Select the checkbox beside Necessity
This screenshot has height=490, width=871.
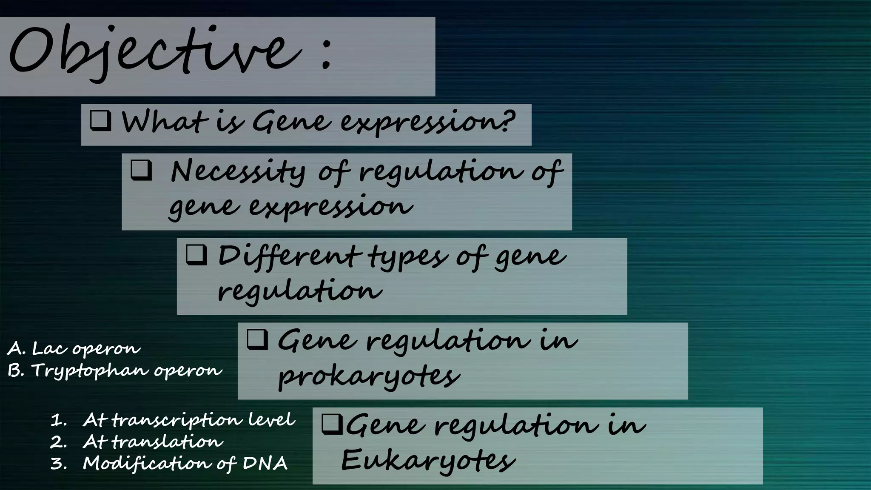pos(141,170)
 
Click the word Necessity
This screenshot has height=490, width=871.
pos(238,171)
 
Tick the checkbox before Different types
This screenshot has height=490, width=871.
pos(196,255)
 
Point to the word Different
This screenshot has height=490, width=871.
pos(287,256)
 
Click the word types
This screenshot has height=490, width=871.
pos(407,258)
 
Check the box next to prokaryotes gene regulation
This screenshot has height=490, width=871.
pos(257,339)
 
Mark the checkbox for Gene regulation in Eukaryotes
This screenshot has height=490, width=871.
pos(332,424)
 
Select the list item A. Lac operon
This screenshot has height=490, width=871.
pos(74,349)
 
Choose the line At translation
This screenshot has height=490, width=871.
pos(152,442)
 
